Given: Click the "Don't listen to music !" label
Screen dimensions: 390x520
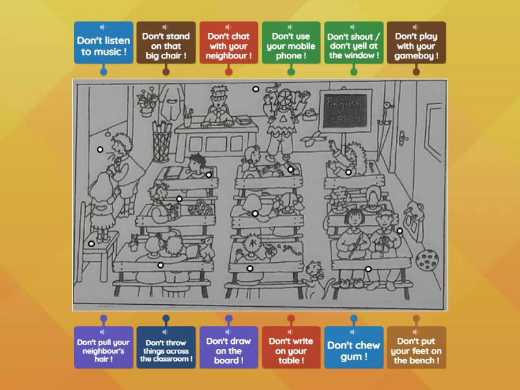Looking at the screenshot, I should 103,45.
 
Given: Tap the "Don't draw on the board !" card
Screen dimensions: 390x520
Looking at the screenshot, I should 228,350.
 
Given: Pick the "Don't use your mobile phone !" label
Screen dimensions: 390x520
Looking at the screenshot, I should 291,45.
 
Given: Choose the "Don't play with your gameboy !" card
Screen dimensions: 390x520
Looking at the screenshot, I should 416,45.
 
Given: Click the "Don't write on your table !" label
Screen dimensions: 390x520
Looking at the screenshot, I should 291,350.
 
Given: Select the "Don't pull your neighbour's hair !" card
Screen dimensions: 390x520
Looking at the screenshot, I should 103,350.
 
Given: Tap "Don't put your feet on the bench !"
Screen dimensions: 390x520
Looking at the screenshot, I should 416,350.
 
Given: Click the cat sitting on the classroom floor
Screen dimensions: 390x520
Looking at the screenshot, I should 315,277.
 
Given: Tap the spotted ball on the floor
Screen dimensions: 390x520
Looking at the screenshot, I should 426,261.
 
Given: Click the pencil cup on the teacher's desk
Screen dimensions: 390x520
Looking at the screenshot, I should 187,118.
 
